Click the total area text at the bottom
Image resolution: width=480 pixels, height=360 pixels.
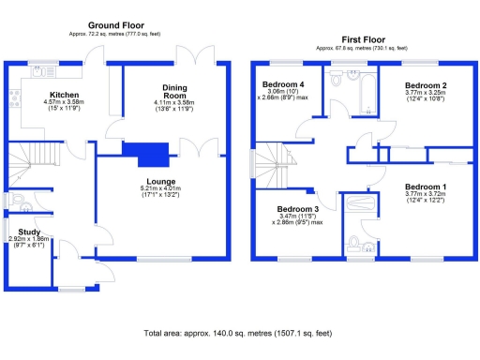(x=238, y=333)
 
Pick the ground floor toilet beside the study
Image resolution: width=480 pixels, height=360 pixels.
(x=21, y=204)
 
